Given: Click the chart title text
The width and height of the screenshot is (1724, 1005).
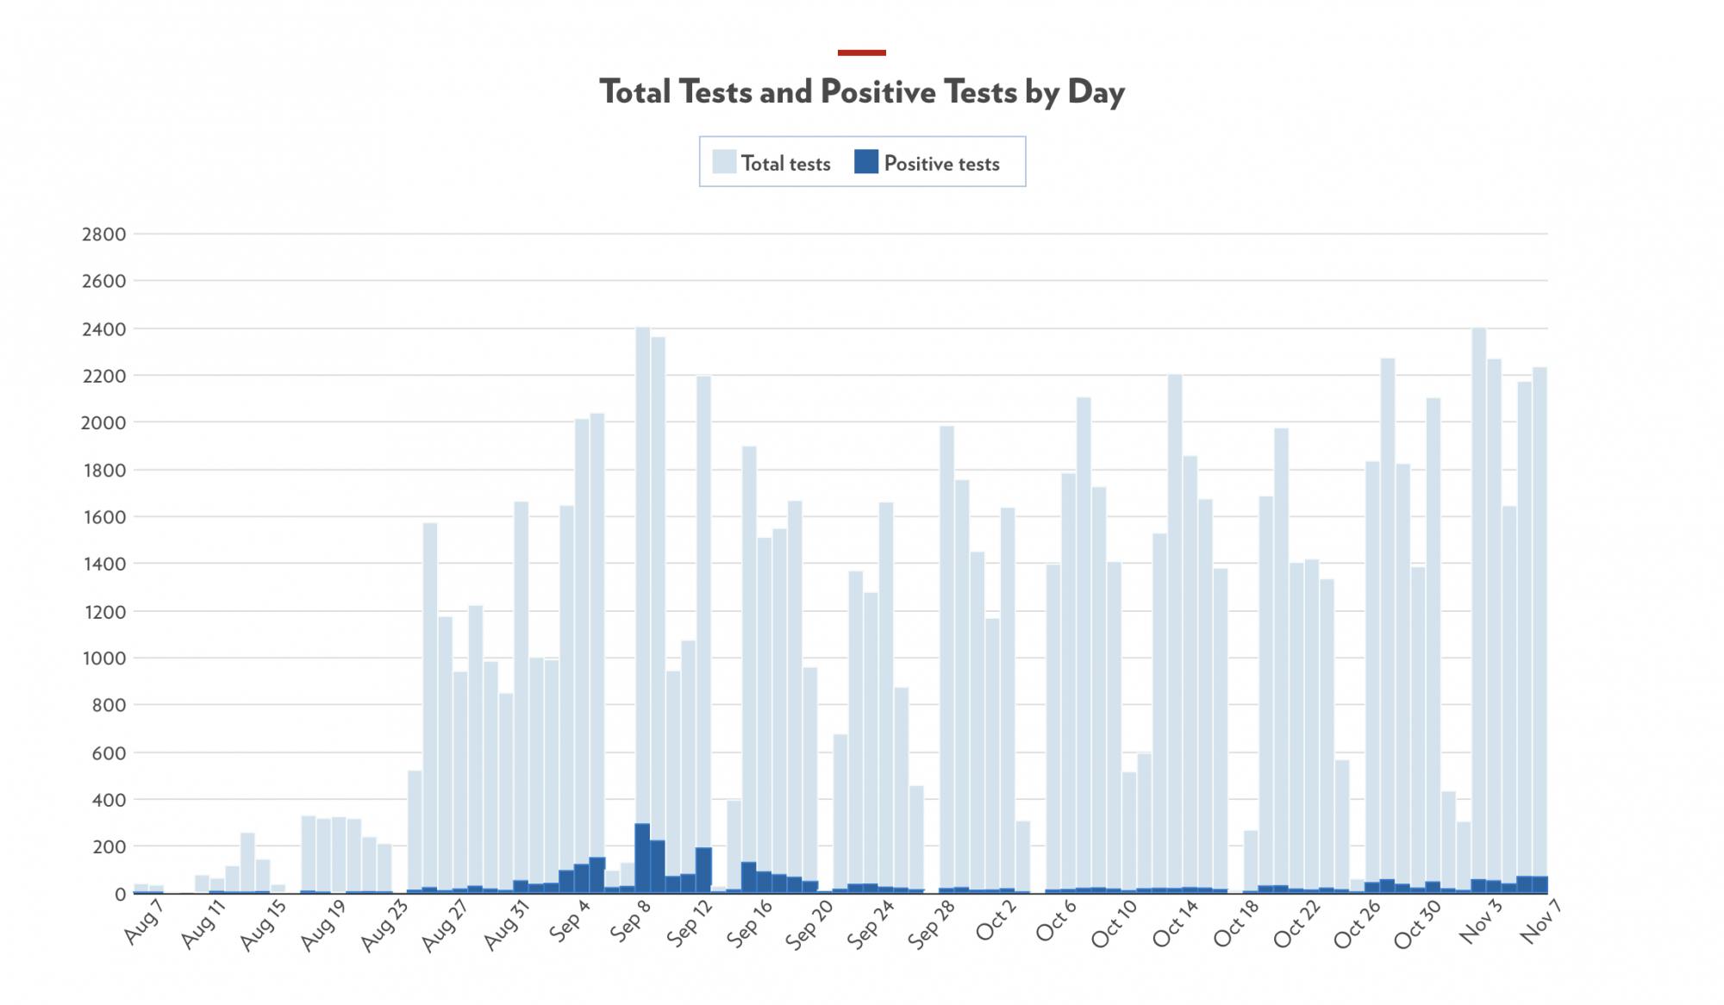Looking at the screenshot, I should coord(862,92).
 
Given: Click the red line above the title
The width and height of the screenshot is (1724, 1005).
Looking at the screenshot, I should coord(861,53).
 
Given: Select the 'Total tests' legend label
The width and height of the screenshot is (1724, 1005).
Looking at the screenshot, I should coord(785,164).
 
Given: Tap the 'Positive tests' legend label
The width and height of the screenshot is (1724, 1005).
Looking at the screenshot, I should coord(941,164).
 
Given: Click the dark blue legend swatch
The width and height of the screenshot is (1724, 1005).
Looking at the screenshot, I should coord(865,162).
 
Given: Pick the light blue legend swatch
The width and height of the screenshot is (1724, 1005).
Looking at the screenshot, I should coord(724,162).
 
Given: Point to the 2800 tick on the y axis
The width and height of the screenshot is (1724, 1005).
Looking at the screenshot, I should coord(103,234).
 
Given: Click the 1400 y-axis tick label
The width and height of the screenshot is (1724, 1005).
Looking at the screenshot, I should coord(103,565).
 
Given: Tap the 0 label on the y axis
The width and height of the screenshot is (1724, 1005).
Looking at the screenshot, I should coord(120,895).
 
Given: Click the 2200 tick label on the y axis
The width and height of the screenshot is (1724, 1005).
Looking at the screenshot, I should coord(103,376).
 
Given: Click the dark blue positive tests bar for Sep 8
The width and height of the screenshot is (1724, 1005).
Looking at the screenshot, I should coord(642,858).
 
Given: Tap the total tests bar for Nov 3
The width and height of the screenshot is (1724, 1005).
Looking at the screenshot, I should coord(1478,603).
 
